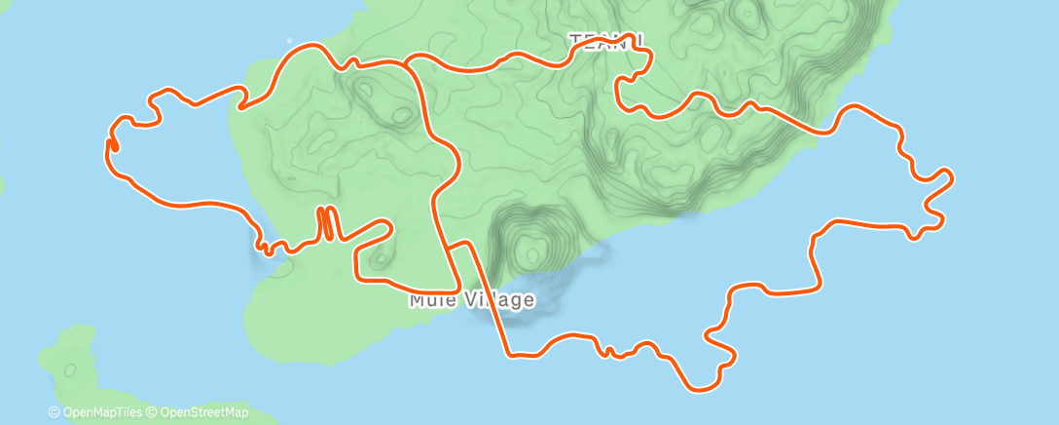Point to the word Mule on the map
pyautogui.click(x=428, y=299)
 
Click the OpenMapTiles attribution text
pyautogui.click(x=102, y=412)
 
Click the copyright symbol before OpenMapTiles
pyautogui.click(x=55, y=412)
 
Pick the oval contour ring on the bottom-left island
pyautogui.click(x=70, y=369)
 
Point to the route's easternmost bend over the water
pyautogui.click(x=950, y=176)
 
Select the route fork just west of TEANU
pyautogui.click(x=406, y=63)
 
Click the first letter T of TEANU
pyautogui.click(x=575, y=40)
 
